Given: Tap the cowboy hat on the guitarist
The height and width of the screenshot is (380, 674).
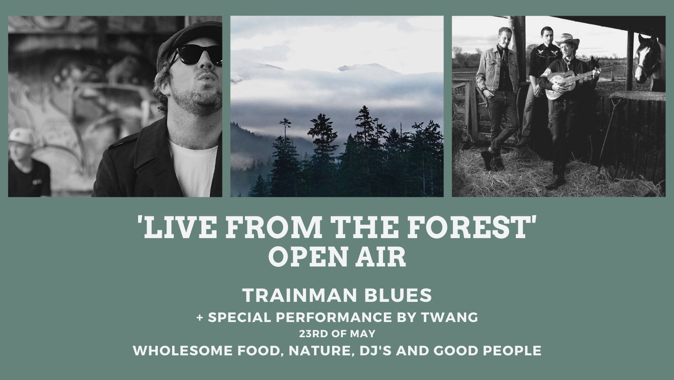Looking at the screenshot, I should point(567,41).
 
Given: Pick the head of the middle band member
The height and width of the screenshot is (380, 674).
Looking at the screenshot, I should point(546,35).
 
